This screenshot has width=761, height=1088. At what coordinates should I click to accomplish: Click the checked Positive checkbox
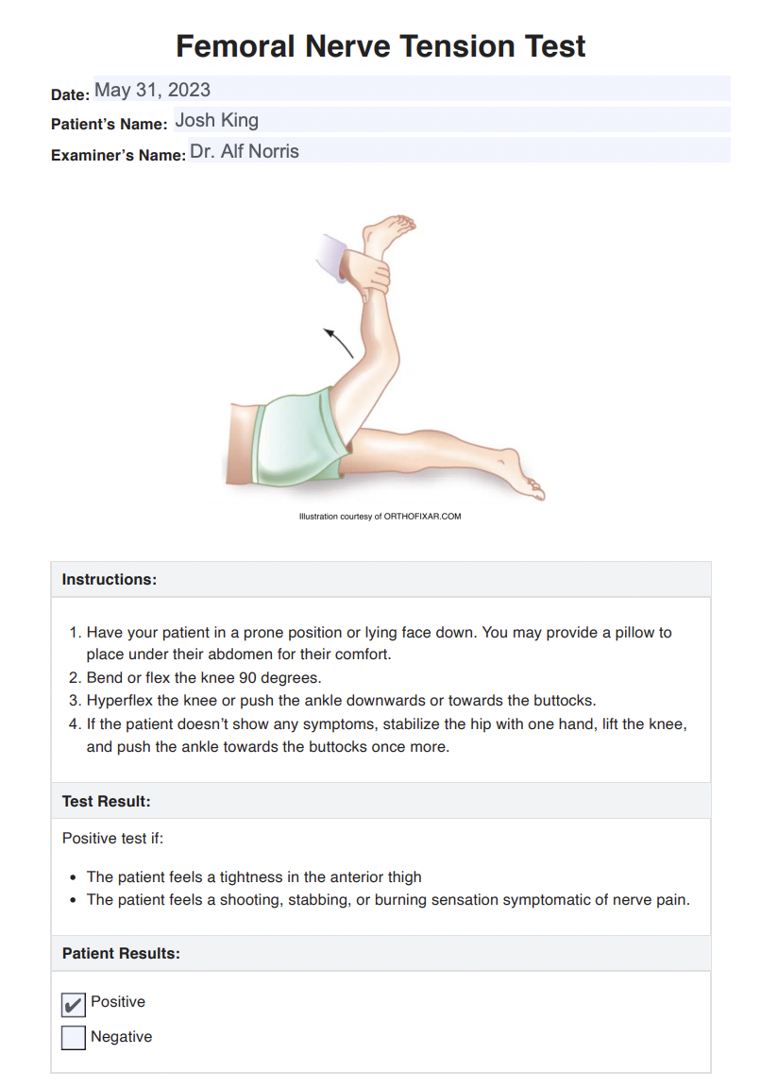[73, 1004]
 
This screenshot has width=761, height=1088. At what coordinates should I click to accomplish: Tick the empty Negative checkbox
[73, 1038]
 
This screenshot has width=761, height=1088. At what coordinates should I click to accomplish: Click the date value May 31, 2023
[152, 90]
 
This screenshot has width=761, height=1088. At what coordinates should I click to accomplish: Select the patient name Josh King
[216, 120]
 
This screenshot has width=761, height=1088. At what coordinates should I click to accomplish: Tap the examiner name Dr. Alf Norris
[245, 151]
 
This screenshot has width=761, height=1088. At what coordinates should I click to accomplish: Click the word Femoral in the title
[234, 46]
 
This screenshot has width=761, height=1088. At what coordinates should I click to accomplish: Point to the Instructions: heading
[110, 579]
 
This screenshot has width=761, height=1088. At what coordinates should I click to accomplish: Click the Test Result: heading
[107, 801]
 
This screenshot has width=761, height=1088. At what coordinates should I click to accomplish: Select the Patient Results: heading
[121, 953]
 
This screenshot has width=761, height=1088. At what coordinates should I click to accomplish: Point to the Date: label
[70, 94]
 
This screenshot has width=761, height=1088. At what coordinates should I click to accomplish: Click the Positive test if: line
[112, 838]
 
